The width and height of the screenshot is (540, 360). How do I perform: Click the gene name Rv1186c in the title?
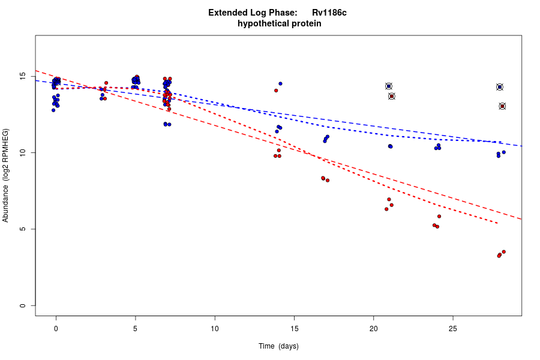329,13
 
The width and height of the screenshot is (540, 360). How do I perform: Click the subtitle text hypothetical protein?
279,24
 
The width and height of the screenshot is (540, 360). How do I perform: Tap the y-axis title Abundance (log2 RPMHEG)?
6,175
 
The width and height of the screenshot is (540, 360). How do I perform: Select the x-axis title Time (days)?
278,346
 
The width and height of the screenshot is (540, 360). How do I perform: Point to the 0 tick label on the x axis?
56,328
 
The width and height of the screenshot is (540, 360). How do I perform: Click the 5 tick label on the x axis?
135,328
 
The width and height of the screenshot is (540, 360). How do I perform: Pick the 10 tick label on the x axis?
215,328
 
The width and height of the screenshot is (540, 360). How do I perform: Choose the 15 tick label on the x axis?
294,328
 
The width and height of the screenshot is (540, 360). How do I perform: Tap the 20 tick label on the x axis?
373,328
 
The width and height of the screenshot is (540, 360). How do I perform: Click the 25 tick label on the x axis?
453,328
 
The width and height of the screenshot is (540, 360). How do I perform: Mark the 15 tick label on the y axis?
22,77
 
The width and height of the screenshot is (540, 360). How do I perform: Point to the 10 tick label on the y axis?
22,153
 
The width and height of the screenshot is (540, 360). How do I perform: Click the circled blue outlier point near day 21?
389,86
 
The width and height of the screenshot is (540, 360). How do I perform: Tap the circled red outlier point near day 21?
392,96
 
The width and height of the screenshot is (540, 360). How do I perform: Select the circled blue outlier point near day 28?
500,87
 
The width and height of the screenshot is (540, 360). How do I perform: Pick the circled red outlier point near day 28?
502,106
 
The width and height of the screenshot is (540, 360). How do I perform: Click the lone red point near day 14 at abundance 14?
276,91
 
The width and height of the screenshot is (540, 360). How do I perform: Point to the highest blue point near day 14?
280,83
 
